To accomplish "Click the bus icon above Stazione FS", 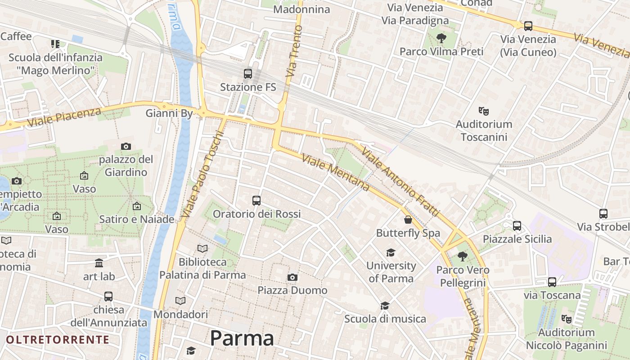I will coord(247,74).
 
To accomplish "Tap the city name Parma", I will coord(242,338).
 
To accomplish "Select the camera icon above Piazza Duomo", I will coord(292,277).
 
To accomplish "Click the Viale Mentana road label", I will coord(335,172).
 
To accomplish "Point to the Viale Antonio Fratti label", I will coord(400,181).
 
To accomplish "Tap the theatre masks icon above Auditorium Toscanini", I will coord(484,111).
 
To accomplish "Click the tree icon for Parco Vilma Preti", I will coord(441,39).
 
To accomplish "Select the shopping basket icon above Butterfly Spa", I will coord(408,220).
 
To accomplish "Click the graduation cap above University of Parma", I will coord(391,252).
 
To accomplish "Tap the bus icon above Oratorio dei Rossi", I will coord(256,201).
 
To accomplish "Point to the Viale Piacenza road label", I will coord(64,117).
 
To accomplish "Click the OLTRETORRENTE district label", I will coord(58,339).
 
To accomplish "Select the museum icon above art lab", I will coord(99,263).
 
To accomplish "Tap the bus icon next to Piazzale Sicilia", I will coord(517,226).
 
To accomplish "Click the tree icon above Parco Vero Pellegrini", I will coord(462,257).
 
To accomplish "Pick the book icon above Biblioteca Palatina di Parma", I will coord(203,248).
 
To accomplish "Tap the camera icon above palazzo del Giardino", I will coord(126,146).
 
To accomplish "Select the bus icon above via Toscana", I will coord(552,282).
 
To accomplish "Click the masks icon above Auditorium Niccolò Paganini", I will coord(566,319).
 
